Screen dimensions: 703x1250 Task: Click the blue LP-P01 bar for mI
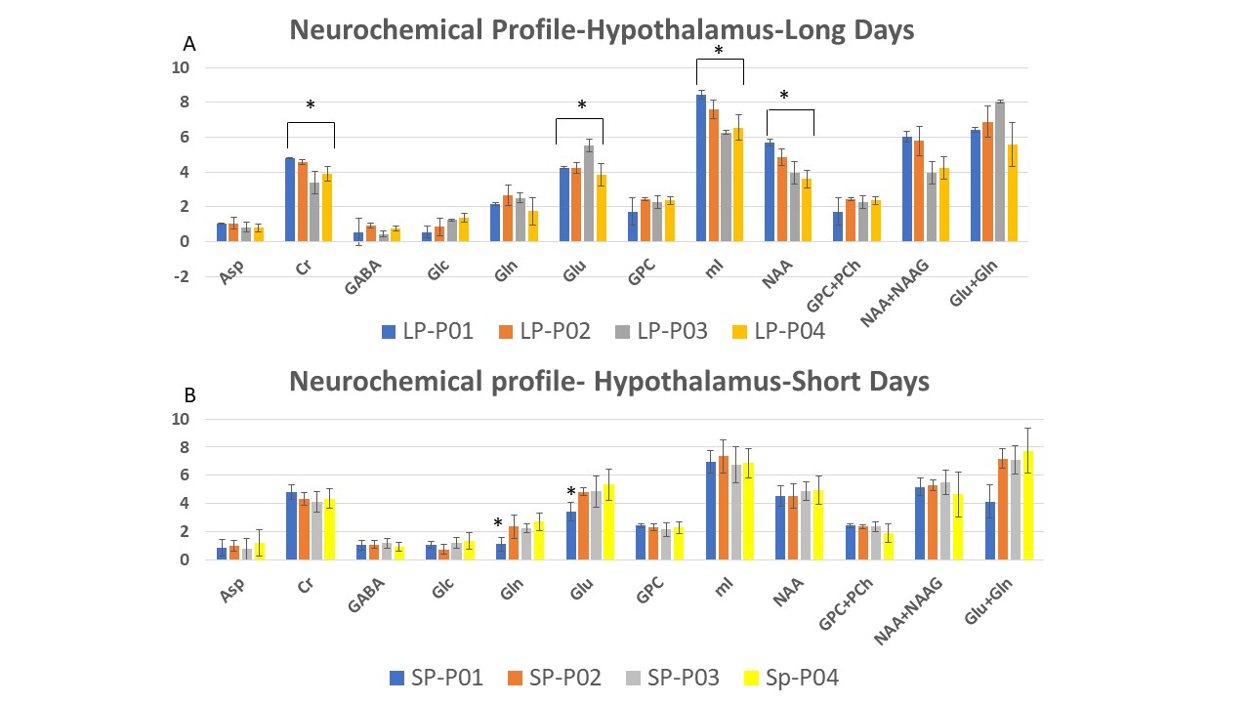(701, 168)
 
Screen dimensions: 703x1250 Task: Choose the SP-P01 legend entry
(436, 677)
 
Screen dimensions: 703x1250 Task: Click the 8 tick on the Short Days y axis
(181, 447)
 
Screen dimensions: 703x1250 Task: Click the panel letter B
(189, 396)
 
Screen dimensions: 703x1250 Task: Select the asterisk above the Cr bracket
(311, 105)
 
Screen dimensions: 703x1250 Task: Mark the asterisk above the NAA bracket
(783, 96)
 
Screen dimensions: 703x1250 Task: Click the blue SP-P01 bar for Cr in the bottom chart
(290, 525)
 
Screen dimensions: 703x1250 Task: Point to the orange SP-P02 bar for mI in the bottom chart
(723, 508)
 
